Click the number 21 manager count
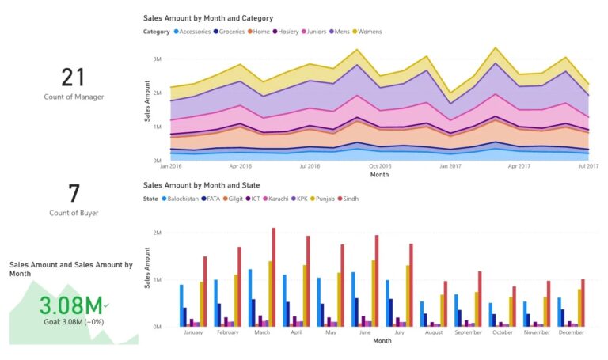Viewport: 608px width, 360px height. [x=73, y=77]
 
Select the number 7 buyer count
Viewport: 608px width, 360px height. [x=73, y=194]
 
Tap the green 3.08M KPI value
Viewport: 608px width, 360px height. [x=70, y=305]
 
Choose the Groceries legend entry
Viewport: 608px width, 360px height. [x=230, y=32]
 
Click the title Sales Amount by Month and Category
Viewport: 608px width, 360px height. [x=208, y=17]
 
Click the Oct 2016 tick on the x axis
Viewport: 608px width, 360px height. [x=380, y=167]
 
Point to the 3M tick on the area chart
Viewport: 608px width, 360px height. [x=157, y=59]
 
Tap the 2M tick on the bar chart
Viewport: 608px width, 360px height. [x=157, y=233]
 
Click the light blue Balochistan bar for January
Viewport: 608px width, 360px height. [x=181, y=305]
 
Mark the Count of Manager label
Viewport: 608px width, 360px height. [x=73, y=96]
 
